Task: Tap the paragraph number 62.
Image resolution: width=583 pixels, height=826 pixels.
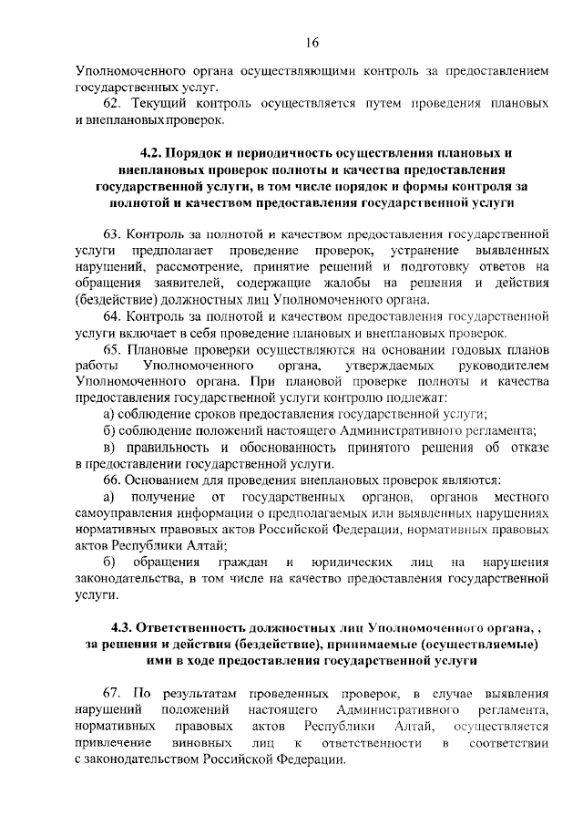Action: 113,104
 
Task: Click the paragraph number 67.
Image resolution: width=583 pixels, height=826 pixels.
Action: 113,692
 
